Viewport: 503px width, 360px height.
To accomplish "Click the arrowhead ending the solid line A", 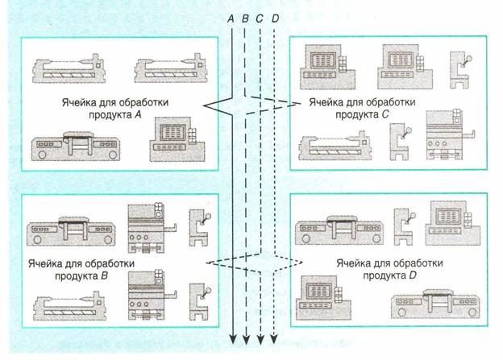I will coord(232,341).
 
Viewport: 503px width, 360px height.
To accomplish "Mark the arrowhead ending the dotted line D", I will coord(275,341).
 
